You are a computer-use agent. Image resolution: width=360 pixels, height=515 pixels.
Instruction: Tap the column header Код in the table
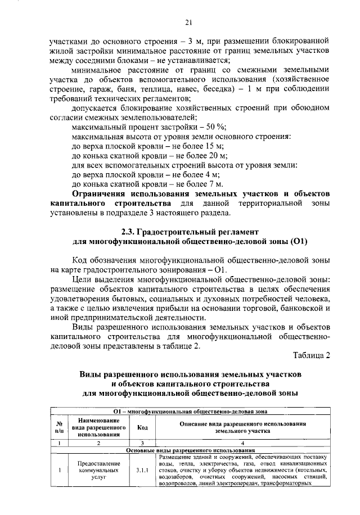[142, 427]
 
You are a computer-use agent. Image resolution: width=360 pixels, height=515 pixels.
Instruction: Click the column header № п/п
[58, 427]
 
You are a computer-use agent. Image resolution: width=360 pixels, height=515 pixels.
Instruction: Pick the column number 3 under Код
[142, 443]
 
